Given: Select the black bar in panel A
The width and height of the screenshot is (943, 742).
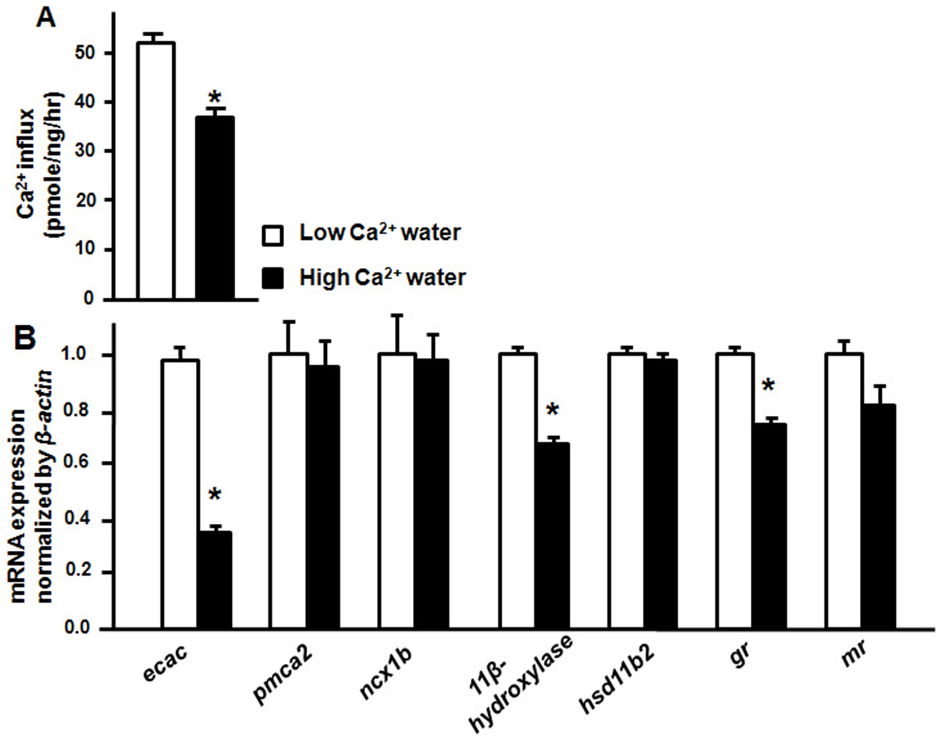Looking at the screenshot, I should pyautogui.click(x=215, y=207).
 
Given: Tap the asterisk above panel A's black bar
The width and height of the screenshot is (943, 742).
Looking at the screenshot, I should pyautogui.click(x=215, y=98).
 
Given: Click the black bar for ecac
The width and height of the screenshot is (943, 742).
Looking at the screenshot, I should pyautogui.click(x=215, y=580).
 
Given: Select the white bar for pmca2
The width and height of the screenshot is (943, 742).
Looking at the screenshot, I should pyautogui.click(x=288, y=490).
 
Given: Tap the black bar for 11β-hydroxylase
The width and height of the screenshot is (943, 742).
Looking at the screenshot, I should pyautogui.click(x=552, y=535).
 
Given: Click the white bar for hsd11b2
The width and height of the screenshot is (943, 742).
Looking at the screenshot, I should pyautogui.click(x=627, y=490).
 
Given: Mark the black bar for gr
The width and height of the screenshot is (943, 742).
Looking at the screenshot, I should pyautogui.click(x=769, y=525).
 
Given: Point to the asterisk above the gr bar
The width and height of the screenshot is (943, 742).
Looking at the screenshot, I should pyautogui.click(x=768, y=385).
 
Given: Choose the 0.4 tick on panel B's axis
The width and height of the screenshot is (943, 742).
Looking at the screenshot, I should pyautogui.click(x=89, y=521).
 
